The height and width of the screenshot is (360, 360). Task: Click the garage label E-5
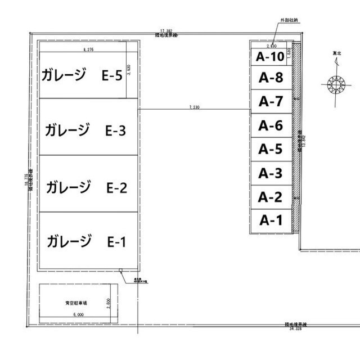[82, 75]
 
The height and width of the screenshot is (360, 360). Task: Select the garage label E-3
[85, 130]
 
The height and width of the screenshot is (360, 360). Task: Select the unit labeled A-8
[271, 78]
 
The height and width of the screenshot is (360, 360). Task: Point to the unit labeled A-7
[271, 102]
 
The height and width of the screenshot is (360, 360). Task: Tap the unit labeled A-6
[271, 125]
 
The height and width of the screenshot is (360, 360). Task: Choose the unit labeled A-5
[271, 149]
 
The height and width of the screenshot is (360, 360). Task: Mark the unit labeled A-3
[271, 173]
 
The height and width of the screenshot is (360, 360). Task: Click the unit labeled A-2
[271, 196]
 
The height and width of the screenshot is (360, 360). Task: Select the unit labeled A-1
[271, 220]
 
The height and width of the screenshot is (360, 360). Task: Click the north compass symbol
[338, 84]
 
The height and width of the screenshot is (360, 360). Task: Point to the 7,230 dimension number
[192, 106]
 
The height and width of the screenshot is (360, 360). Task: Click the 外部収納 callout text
[287, 20]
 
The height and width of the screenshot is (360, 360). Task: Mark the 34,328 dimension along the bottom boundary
[295, 328]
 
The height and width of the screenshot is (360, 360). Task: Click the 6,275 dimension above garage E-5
[88, 50]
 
